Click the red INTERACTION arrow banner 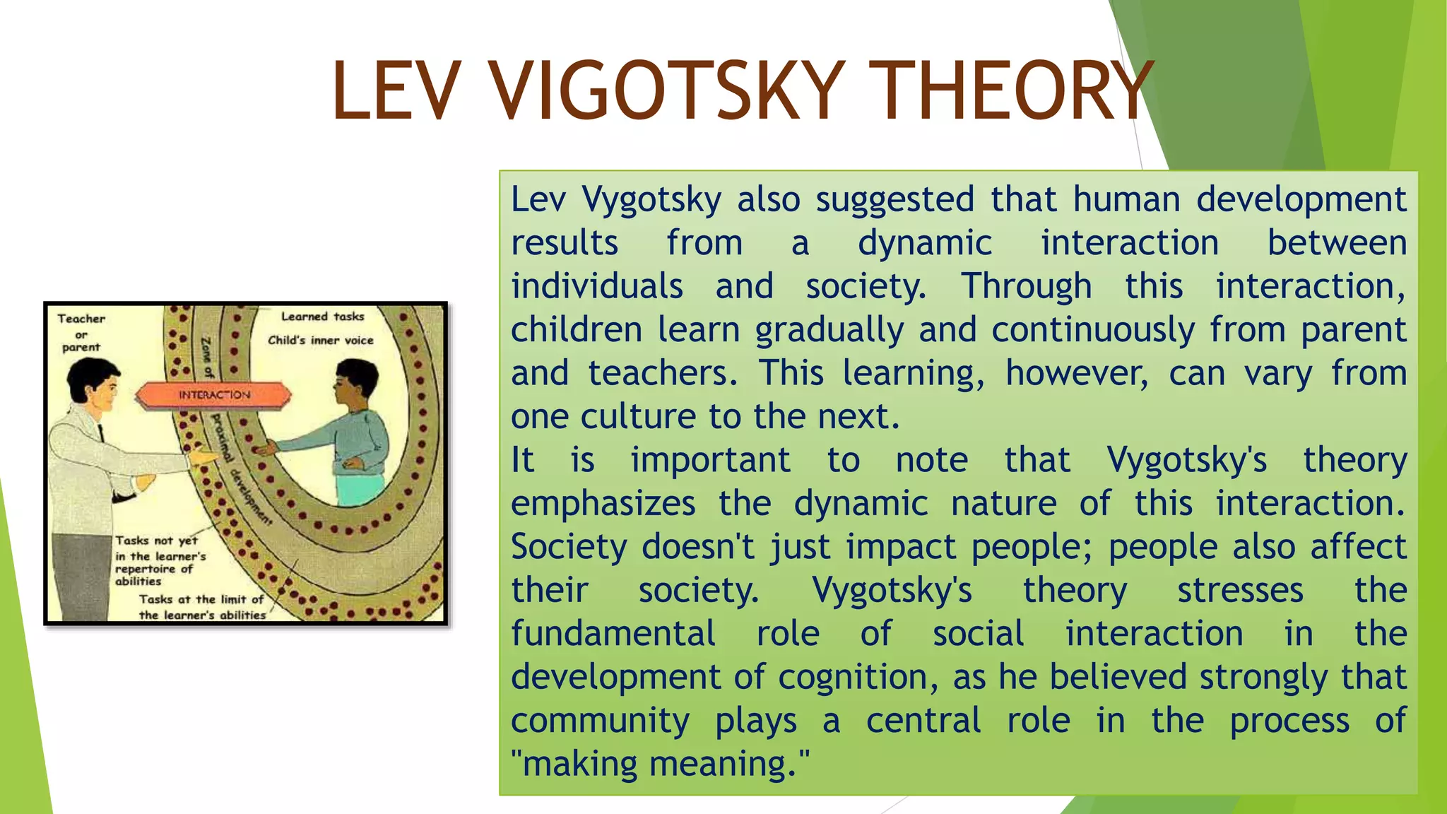(213, 395)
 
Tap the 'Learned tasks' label (322, 317)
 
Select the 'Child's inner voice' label (320, 340)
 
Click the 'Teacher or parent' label (81, 332)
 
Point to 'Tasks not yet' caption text (156, 541)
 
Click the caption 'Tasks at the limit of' (201, 599)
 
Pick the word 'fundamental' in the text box (613, 634)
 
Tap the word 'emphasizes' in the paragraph (603, 504)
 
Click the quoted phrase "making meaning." (660, 764)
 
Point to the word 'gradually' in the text (829, 330)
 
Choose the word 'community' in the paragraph (600, 721)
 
